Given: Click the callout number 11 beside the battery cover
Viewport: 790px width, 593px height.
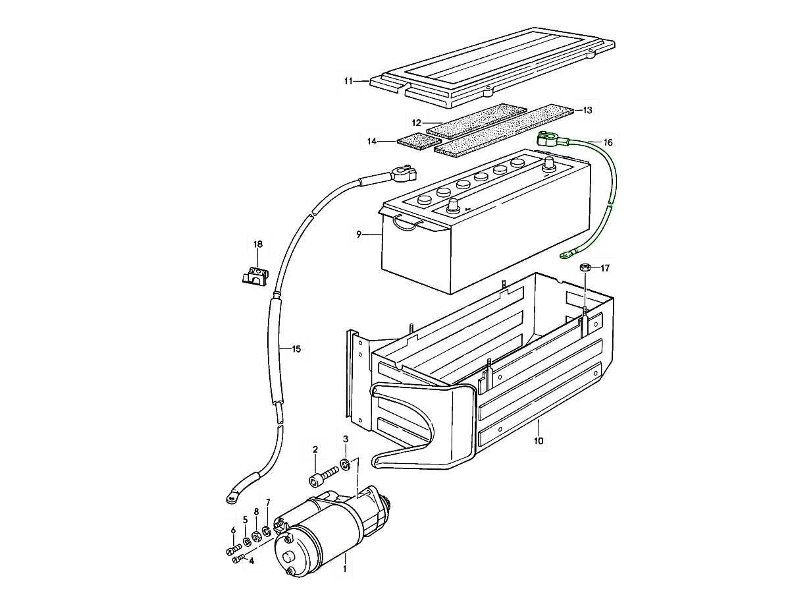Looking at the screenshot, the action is [x=348, y=81].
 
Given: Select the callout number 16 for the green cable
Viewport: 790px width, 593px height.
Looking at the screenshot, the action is [x=608, y=142].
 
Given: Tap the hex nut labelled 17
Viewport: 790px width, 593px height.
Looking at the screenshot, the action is [x=585, y=268].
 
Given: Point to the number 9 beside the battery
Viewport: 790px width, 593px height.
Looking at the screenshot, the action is [x=359, y=235].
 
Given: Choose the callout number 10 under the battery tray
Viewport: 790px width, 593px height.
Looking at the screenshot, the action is [x=539, y=441].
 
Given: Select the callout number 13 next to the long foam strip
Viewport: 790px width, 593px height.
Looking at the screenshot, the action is [x=587, y=110].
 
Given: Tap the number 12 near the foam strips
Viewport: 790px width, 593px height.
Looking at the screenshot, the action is [x=417, y=123].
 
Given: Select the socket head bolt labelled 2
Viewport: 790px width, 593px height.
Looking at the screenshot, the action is [x=324, y=476].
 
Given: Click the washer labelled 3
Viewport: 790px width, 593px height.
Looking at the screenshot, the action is [x=345, y=465].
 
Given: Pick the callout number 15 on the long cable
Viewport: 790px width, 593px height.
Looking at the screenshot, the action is [x=296, y=349].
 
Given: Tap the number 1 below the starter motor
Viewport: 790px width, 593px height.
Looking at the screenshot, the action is [x=344, y=569].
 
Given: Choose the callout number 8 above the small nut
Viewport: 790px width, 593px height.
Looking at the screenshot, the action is [x=256, y=512].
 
